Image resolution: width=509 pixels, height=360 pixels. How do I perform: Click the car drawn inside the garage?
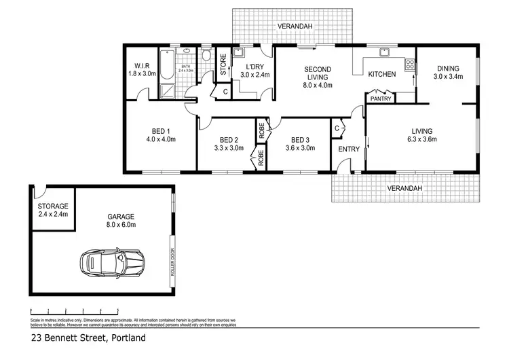(113, 263)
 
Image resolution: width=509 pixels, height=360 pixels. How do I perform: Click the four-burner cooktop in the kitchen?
(409, 65)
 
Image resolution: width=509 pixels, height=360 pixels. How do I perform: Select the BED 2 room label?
(228, 143)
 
